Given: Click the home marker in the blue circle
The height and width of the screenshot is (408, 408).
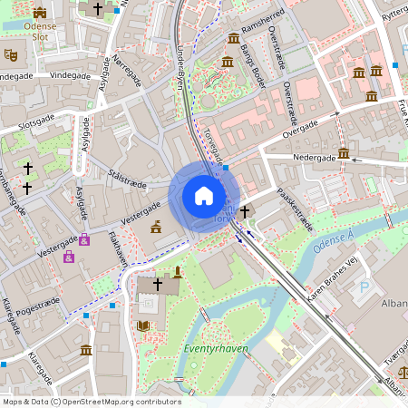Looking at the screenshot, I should click(204, 196).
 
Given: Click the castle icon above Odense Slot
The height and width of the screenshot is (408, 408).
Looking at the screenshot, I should click(39, 13).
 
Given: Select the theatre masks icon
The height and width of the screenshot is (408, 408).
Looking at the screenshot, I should click(12, 54).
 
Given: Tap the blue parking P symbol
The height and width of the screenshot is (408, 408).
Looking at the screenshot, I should click(365, 287).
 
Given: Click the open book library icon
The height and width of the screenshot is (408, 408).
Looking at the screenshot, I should click(143, 325).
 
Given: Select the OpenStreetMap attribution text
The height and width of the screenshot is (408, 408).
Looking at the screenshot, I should click(91, 401).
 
